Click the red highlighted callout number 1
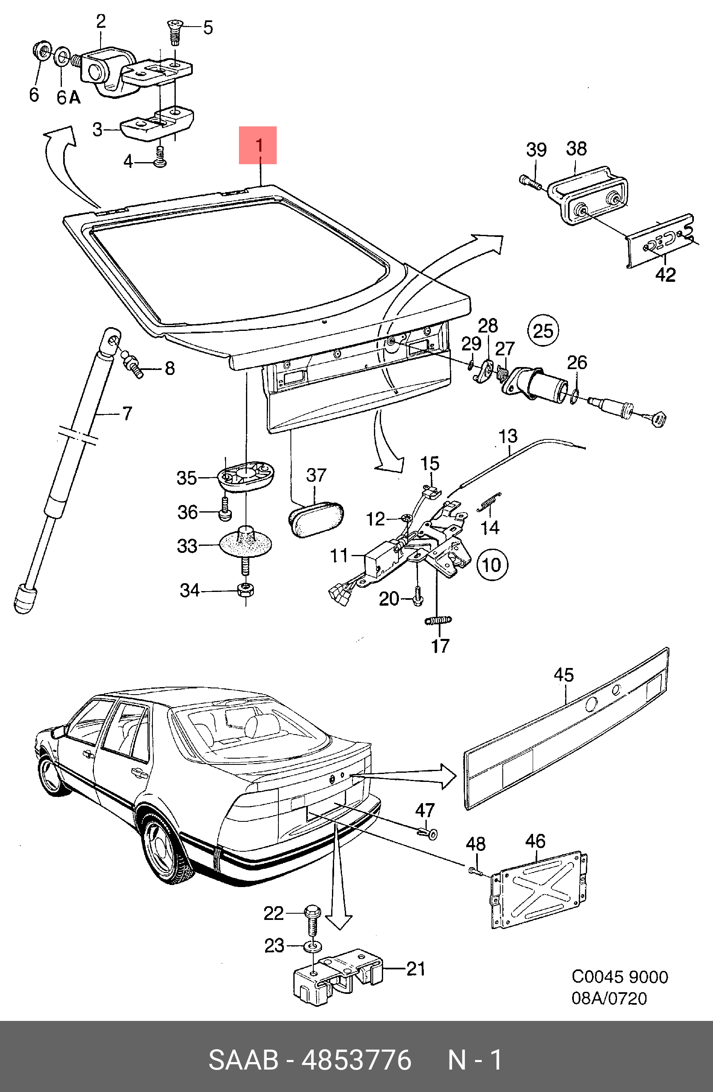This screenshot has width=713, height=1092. tap(258, 145)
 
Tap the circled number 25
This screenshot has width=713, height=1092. tap(543, 331)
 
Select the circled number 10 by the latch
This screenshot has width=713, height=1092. tap(492, 564)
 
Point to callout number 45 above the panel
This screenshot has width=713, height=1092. tap(563, 675)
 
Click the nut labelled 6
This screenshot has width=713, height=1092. tap(42, 51)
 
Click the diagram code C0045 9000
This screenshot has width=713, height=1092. tap(620, 977)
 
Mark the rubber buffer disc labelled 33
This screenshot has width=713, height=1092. tap(246, 544)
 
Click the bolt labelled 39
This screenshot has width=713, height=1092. tap(531, 182)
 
